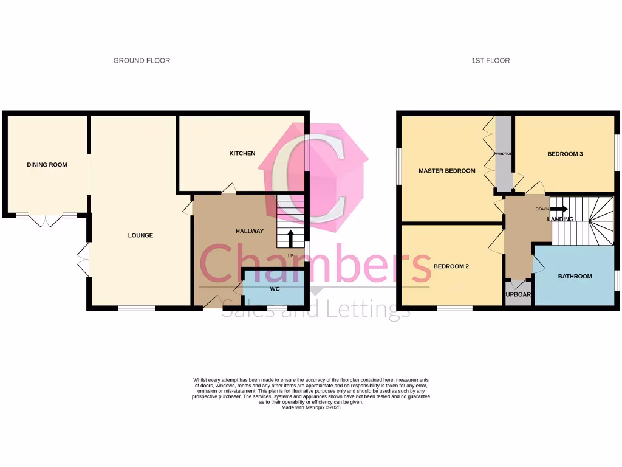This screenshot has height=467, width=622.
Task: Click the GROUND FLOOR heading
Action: (142, 61)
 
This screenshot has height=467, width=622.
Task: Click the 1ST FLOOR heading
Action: (490, 61)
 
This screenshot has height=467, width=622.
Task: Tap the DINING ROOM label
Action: (47, 165)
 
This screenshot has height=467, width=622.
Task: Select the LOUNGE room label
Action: (140, 235)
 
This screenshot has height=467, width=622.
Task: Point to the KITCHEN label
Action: (242, 153)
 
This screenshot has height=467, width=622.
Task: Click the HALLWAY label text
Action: (250, 231)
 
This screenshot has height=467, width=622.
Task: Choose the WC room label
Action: (275, 289)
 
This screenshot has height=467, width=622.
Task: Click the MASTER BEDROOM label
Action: (446, 171)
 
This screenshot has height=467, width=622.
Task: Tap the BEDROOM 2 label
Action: (451, 266)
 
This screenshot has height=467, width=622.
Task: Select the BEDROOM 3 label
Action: (565, 154)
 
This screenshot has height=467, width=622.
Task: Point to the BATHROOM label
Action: (575, 277)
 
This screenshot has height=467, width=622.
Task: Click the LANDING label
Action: (560, 219)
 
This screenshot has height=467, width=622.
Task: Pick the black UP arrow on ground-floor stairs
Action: (290, 238)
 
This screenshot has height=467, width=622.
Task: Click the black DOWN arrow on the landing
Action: (558, 209)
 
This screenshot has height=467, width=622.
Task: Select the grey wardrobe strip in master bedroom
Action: (504, 153)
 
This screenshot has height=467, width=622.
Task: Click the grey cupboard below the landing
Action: (518, 293)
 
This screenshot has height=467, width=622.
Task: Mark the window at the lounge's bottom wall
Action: (136, 308)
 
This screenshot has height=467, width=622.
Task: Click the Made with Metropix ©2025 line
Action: (311, 407)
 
